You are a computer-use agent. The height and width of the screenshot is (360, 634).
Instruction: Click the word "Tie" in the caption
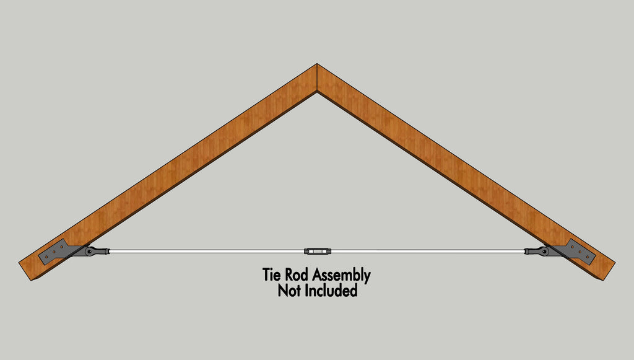pyautogui.click(x=271, y=274)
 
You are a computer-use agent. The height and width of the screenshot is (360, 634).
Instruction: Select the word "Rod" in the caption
pyautogui.click(x=297, y=274)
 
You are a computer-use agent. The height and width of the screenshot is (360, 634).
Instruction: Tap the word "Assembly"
pyautogui.click(x=341, y=276)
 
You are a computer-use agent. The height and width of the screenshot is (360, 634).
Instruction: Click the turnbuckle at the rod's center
pyautogui.click(x=318, y=251)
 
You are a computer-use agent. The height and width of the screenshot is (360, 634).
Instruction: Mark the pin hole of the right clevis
pyautogui.click(x=545, y=252)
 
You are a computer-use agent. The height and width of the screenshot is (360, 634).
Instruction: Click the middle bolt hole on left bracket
pyautogui.click(x=54, y=252)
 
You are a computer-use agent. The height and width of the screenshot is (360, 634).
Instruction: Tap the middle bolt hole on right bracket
pyautogui.click(x=580, y=252)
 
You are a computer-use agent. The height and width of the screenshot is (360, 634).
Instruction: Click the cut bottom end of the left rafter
pyautogui.click(x=25, y=271)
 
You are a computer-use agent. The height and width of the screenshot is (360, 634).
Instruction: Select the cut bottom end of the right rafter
pyautogui.click(x=609, y=271)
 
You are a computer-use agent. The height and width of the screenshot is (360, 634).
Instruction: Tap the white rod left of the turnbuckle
pyautogui.click(x=207, y=251)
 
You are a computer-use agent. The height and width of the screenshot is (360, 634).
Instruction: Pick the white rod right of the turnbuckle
pyautogui.click(x=428, y=251)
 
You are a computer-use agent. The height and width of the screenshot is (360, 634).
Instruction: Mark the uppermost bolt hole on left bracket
pyautogui.click(x=61, y=247)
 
